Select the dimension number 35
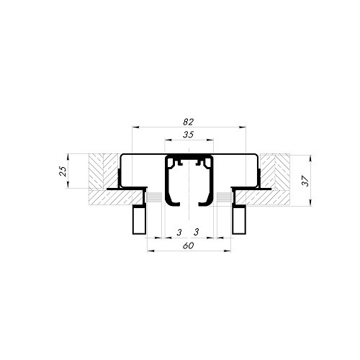[x=189, y=135]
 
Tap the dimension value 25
[x=63, y=171]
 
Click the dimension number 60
[x=189, y=246]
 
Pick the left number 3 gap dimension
[x=179, y=232]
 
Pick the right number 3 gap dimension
[x=197, y=232]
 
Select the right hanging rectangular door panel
[x=238, y=220]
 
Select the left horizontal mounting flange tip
[x=109, y=189]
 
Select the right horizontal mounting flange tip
[x=269, y=189]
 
